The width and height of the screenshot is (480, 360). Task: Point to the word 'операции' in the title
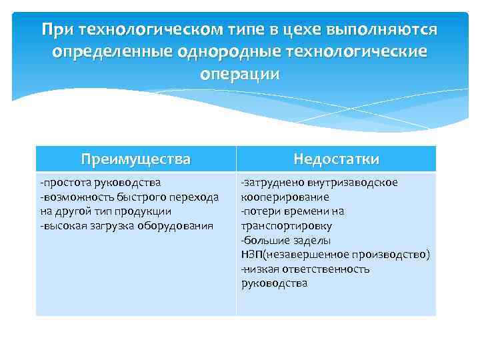pyautogui.click(x=240, y=73)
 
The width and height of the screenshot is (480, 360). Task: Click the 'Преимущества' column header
pyautogui.click(x=135, y=159)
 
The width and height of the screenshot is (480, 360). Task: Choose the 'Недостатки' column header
pyautogui.click(x=337, y=159)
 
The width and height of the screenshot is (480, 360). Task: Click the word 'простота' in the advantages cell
pyautogui.click(x=63, y=182)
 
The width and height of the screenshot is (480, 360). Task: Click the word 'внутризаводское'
pyautogui.click(x=347, y=182)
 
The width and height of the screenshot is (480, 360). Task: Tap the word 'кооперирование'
pyautogui.click(x=285, y=197)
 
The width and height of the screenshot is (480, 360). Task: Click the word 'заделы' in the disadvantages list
pyautogui.click(x=309, y=240)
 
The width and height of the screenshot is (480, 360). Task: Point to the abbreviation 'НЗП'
pyautogui.click(x=251, y=255)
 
